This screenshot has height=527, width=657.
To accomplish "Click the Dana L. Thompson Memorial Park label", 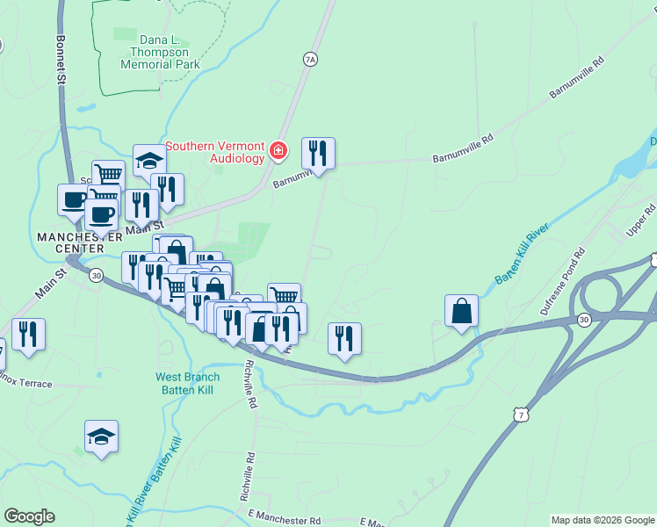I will [x=160, y=52].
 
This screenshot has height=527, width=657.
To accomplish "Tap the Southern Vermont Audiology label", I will [x=215, y=152].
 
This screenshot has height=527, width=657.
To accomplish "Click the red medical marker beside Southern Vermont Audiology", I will [x=278, y=152].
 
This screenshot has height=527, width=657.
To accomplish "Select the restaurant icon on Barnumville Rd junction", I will [x=318, y=154].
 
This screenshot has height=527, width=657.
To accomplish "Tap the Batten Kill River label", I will [x=522, y=254].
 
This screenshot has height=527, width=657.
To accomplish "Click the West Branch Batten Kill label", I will [x=193, y=383].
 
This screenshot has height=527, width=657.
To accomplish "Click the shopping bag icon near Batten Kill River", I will [x=461, y=311].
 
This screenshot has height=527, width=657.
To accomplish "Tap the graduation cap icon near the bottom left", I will [x=101, y=437].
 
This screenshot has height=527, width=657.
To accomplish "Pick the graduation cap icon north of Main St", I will [x=150, y=161].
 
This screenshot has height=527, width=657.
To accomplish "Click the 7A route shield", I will [x=309, y=60].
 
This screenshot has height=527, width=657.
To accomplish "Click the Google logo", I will [x=29, y=516].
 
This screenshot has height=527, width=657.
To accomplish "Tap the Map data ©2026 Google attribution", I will [x=603, y=520].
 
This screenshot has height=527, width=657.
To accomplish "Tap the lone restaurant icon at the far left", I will [x=29, y=334].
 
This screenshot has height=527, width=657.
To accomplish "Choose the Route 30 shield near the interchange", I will [x=582, y=319].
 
